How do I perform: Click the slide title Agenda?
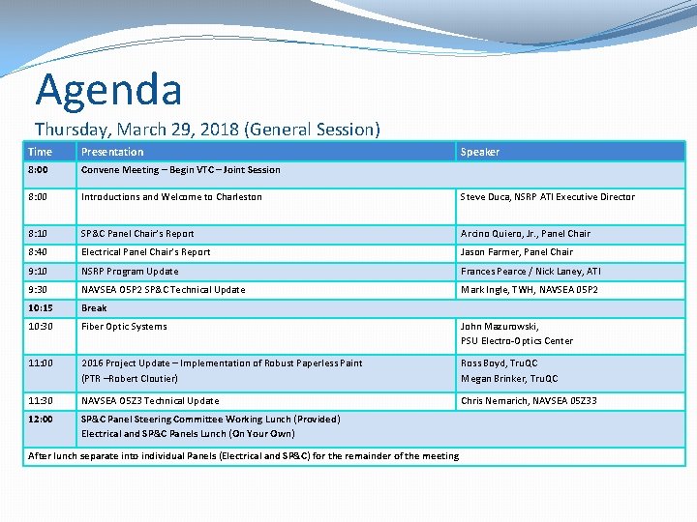[108, 90]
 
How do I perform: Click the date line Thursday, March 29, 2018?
[207, 129]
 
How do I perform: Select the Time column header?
[41, 152]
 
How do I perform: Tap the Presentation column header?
[112, 152]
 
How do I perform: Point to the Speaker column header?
[480, 152]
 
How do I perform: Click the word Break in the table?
[94, 308]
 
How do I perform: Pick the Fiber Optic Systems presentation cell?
[124, 327]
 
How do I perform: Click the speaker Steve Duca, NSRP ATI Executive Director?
[548, 197]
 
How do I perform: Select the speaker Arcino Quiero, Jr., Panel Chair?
[525, 234]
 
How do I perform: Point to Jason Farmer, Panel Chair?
[517, 252]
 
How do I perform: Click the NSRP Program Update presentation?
[130, 272]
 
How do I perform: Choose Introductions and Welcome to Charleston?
[171, 197]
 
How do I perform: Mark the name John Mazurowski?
[500, 327]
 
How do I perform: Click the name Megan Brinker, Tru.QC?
[509, 379]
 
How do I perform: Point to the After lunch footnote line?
[243, 456]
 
